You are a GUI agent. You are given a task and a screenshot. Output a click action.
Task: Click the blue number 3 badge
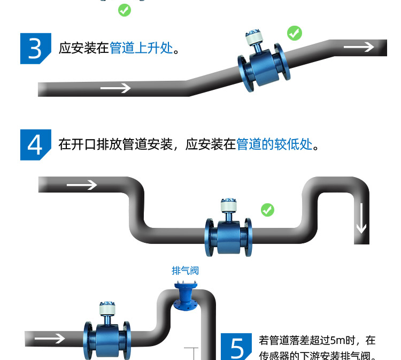35,48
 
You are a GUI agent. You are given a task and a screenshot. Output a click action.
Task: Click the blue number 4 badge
35,144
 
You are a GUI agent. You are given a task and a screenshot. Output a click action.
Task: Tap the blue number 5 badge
236,346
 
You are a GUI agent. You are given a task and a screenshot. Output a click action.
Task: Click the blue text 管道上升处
141,48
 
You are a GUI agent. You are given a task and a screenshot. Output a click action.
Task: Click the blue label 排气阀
185,271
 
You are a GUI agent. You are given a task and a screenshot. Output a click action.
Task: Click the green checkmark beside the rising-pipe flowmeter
294,33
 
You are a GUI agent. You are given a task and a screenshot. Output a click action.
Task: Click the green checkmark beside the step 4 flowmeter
267,210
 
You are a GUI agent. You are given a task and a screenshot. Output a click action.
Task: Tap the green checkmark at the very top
125,10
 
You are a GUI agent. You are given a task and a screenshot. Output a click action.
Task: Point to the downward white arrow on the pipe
361,221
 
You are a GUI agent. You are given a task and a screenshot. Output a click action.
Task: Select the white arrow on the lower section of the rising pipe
115,87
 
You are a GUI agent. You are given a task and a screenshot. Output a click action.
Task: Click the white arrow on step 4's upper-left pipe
82,185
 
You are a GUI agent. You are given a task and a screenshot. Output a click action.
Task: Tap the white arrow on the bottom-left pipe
49,338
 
